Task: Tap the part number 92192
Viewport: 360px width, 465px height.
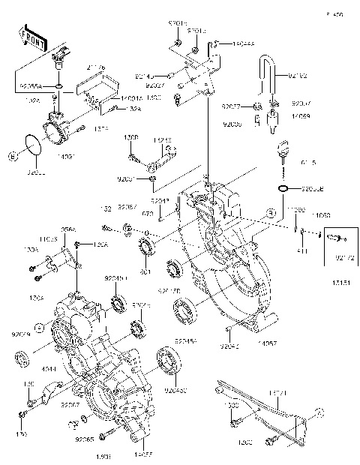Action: [x=298, y=75]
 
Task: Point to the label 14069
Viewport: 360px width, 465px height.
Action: [x=301, y=116]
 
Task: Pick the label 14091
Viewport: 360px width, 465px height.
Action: [x=67, y=155]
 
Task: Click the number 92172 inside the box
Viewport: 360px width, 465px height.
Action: [x=344, y=257]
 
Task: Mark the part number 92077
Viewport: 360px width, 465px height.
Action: [x=230, y=106]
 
